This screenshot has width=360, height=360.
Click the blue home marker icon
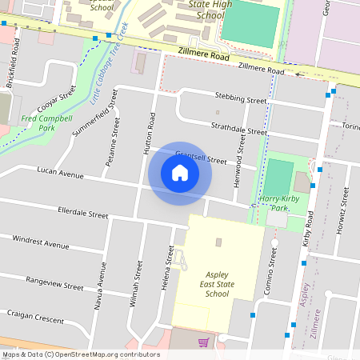[x=180, y=173]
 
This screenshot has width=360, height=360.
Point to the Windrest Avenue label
[x=40, y=242]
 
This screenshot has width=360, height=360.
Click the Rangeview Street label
[x=54, y=282]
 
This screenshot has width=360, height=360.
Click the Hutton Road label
[x=150, y=132]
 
